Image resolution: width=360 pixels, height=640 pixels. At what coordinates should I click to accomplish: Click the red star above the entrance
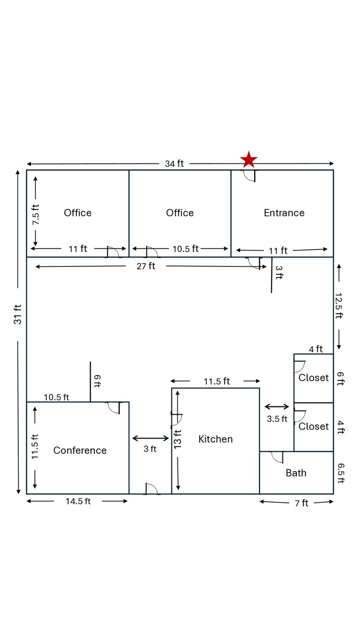click(249, 160)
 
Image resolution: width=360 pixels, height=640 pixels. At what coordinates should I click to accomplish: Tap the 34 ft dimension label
click(174, 164)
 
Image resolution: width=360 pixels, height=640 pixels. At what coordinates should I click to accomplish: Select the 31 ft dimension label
click(18, 314)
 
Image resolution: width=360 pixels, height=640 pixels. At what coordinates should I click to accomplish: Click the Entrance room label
click(284, 213)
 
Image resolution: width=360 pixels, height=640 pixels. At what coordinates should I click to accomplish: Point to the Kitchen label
click(215, 439)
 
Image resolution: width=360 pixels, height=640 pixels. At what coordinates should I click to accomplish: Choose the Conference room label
click(80, 450)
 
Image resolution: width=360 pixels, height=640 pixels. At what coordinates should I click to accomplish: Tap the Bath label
click(296, 473)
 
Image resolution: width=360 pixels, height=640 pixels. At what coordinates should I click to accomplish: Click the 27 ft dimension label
click(146, 266)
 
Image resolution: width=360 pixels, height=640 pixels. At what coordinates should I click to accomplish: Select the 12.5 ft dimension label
click(339, 305)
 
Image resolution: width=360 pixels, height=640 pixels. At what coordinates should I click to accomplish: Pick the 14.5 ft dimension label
click(78, 501)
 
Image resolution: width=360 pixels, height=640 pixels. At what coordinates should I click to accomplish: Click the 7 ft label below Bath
click(302, 503)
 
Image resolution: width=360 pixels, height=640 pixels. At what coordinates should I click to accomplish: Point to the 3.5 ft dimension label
click(277, 419)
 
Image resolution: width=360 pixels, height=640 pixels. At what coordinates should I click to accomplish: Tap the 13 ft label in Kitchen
click(178, 439)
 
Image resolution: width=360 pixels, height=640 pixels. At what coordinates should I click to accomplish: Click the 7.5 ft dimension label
click(36, 215)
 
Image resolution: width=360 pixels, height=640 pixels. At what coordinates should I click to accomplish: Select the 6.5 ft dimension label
click(341, 474)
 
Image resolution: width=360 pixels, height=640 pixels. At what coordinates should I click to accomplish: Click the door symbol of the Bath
click(277, 457)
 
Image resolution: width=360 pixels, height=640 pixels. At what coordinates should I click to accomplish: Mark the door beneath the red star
click(249, 176)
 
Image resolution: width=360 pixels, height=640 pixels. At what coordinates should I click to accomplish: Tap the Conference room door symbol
click(114, 408)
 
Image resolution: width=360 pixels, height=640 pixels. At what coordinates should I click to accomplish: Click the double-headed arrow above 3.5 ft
click(277, 407)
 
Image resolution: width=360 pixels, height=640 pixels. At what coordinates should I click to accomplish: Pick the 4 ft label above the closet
click(316, 349)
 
